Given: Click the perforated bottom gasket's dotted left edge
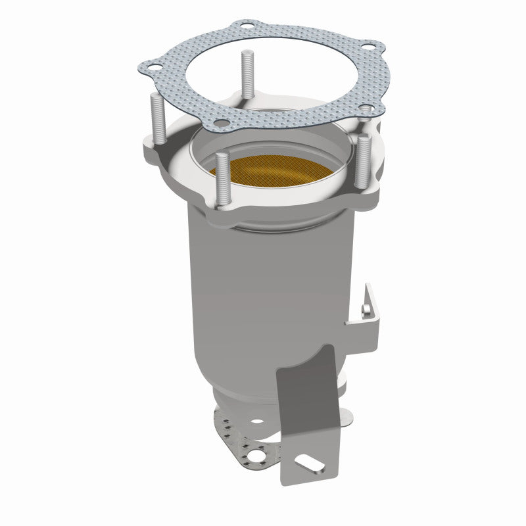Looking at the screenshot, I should pyautogui.click(x=222, y=421).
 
